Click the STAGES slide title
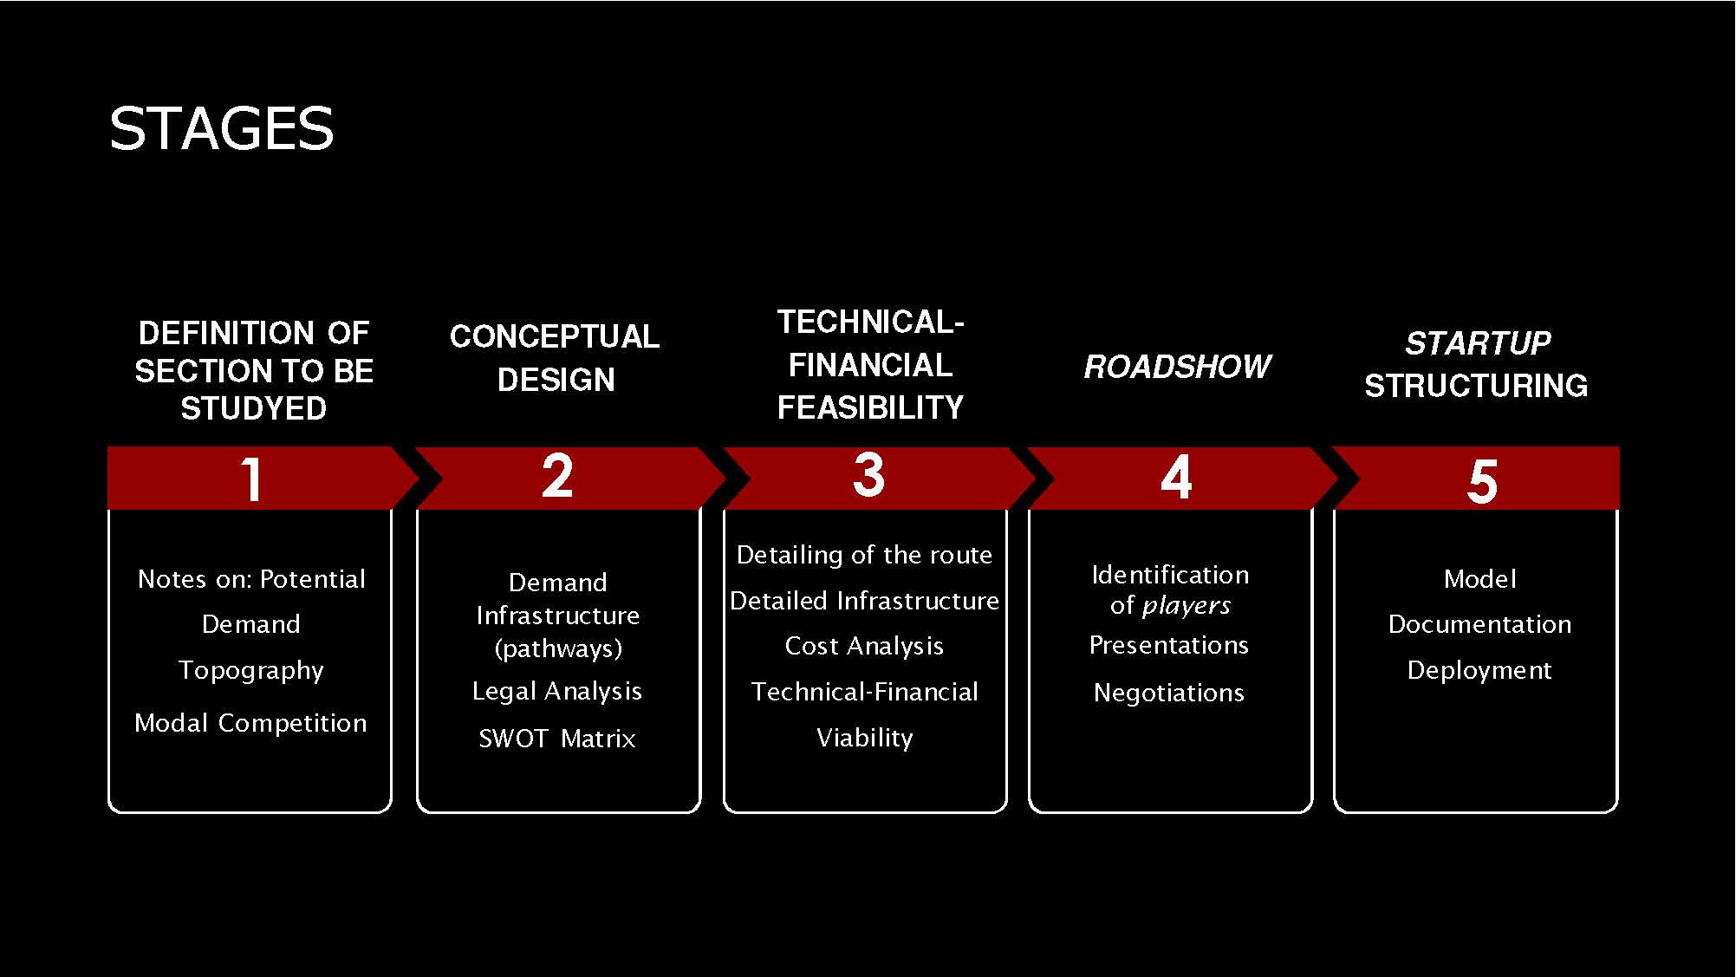tap(221, 129)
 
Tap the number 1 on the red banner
tap(251, 479)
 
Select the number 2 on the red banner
tap(557, 476)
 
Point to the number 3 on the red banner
tap(868, 475)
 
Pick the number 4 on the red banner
tap(1176, 477)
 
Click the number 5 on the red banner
tap(1482, 481)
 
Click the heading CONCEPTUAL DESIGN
tap(555, 358)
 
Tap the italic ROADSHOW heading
tap(1177, 367)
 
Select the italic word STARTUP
tap(1478, 343)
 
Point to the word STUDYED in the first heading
tap(253, 408)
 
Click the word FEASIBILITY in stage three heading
tap(870, 407)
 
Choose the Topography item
tap(251, 670)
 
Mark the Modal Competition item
tap(250, 723)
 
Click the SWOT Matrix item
tap(557, 739)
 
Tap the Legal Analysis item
tap(557, 691)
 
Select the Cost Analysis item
tap(864, 646)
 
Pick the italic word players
tap(1187, 605)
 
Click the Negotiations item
tap(1169, 693)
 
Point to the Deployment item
tap(1479, 670)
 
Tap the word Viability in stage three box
tap(865, 738)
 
